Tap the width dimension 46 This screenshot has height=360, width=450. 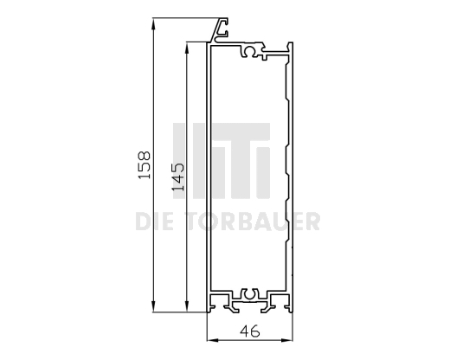click(x=250, y=330)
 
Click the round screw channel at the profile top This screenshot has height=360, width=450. click(x=251, y=53)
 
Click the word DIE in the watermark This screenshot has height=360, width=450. click(x=153, y=222)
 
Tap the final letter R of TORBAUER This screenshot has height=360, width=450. click(x=312, y=222)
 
